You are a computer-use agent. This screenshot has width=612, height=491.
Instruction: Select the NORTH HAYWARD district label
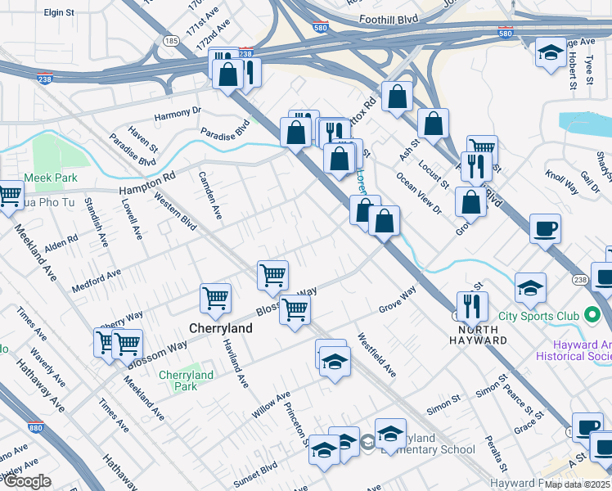(478, 340)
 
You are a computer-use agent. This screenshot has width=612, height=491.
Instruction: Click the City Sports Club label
(542, 316)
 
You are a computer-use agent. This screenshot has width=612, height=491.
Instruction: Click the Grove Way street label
(398, 300)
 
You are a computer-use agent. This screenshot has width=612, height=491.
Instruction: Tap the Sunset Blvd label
(257, 475)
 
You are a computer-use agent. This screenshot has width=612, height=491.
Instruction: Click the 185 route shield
(171, 39)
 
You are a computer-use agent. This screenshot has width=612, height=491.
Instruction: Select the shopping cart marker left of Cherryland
(215, 299)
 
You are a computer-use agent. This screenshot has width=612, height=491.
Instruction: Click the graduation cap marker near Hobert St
(550, 52)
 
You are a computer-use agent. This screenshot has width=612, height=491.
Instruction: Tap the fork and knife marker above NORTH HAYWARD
(472, 306)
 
